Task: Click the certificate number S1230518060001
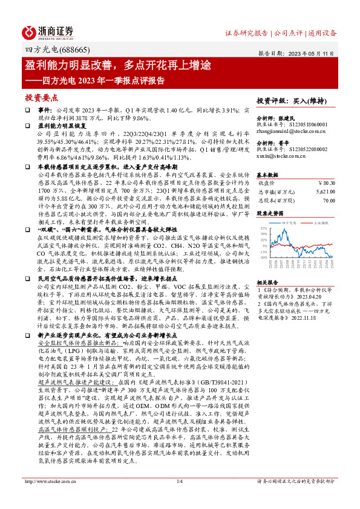(310, 125)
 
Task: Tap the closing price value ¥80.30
(326, 181)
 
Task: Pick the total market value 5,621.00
(324, 190)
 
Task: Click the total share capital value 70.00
(329, 199)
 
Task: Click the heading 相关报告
(268, 282)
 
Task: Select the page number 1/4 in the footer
(179, 498)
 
